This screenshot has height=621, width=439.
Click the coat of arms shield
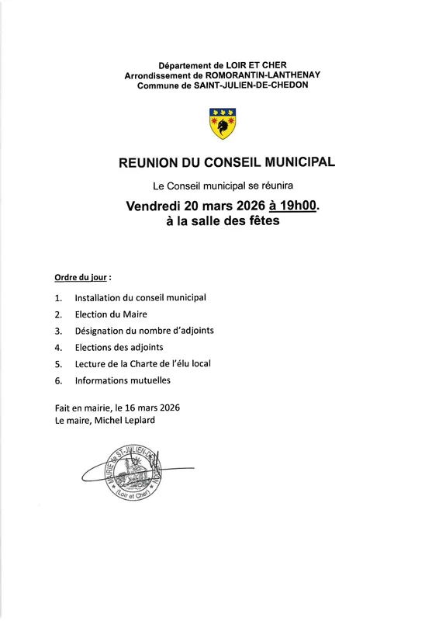pos(223,123)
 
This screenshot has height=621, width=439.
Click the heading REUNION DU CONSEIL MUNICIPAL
pos(226,164)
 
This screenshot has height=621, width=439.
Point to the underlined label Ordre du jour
pos(81,277)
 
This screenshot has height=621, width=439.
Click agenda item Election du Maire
pos(111,314)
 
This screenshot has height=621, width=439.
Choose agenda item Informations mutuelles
pos(123,380)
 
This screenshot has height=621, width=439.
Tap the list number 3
pos(58,331)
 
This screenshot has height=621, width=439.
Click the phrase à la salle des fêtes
pos(222,222)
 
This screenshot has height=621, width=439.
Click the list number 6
pos(58,381)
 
